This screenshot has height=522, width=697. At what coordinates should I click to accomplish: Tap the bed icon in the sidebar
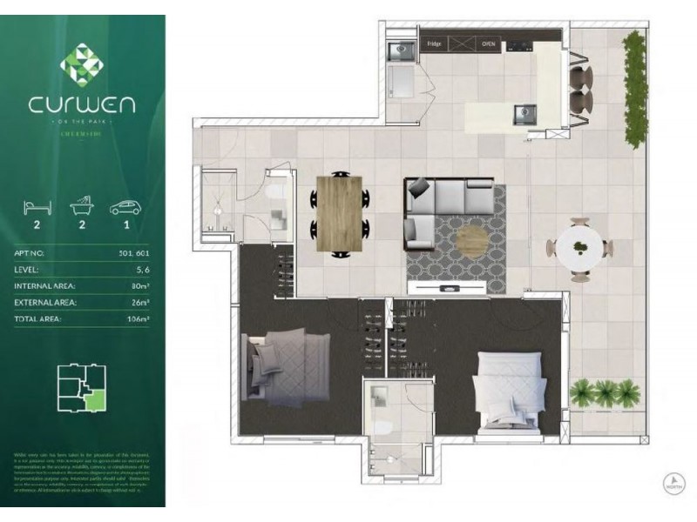pyautogui.click(x=37, y=207)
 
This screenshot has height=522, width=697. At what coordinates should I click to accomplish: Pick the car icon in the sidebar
pyautogui.click(x=126, y=207)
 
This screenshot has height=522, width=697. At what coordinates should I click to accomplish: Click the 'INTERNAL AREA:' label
pyautogui.click(x=45, y=286)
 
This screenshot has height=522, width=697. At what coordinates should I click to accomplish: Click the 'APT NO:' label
pyautogui.click(x=30, y=253)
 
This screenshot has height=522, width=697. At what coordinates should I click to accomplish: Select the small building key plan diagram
pyautogui.click(x=81, y=388)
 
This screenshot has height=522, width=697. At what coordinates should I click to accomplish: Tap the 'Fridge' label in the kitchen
pyautogui.click(x=434, y=42)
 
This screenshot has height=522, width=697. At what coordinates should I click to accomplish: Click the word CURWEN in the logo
pyautogui.click(x=82, y=106)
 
